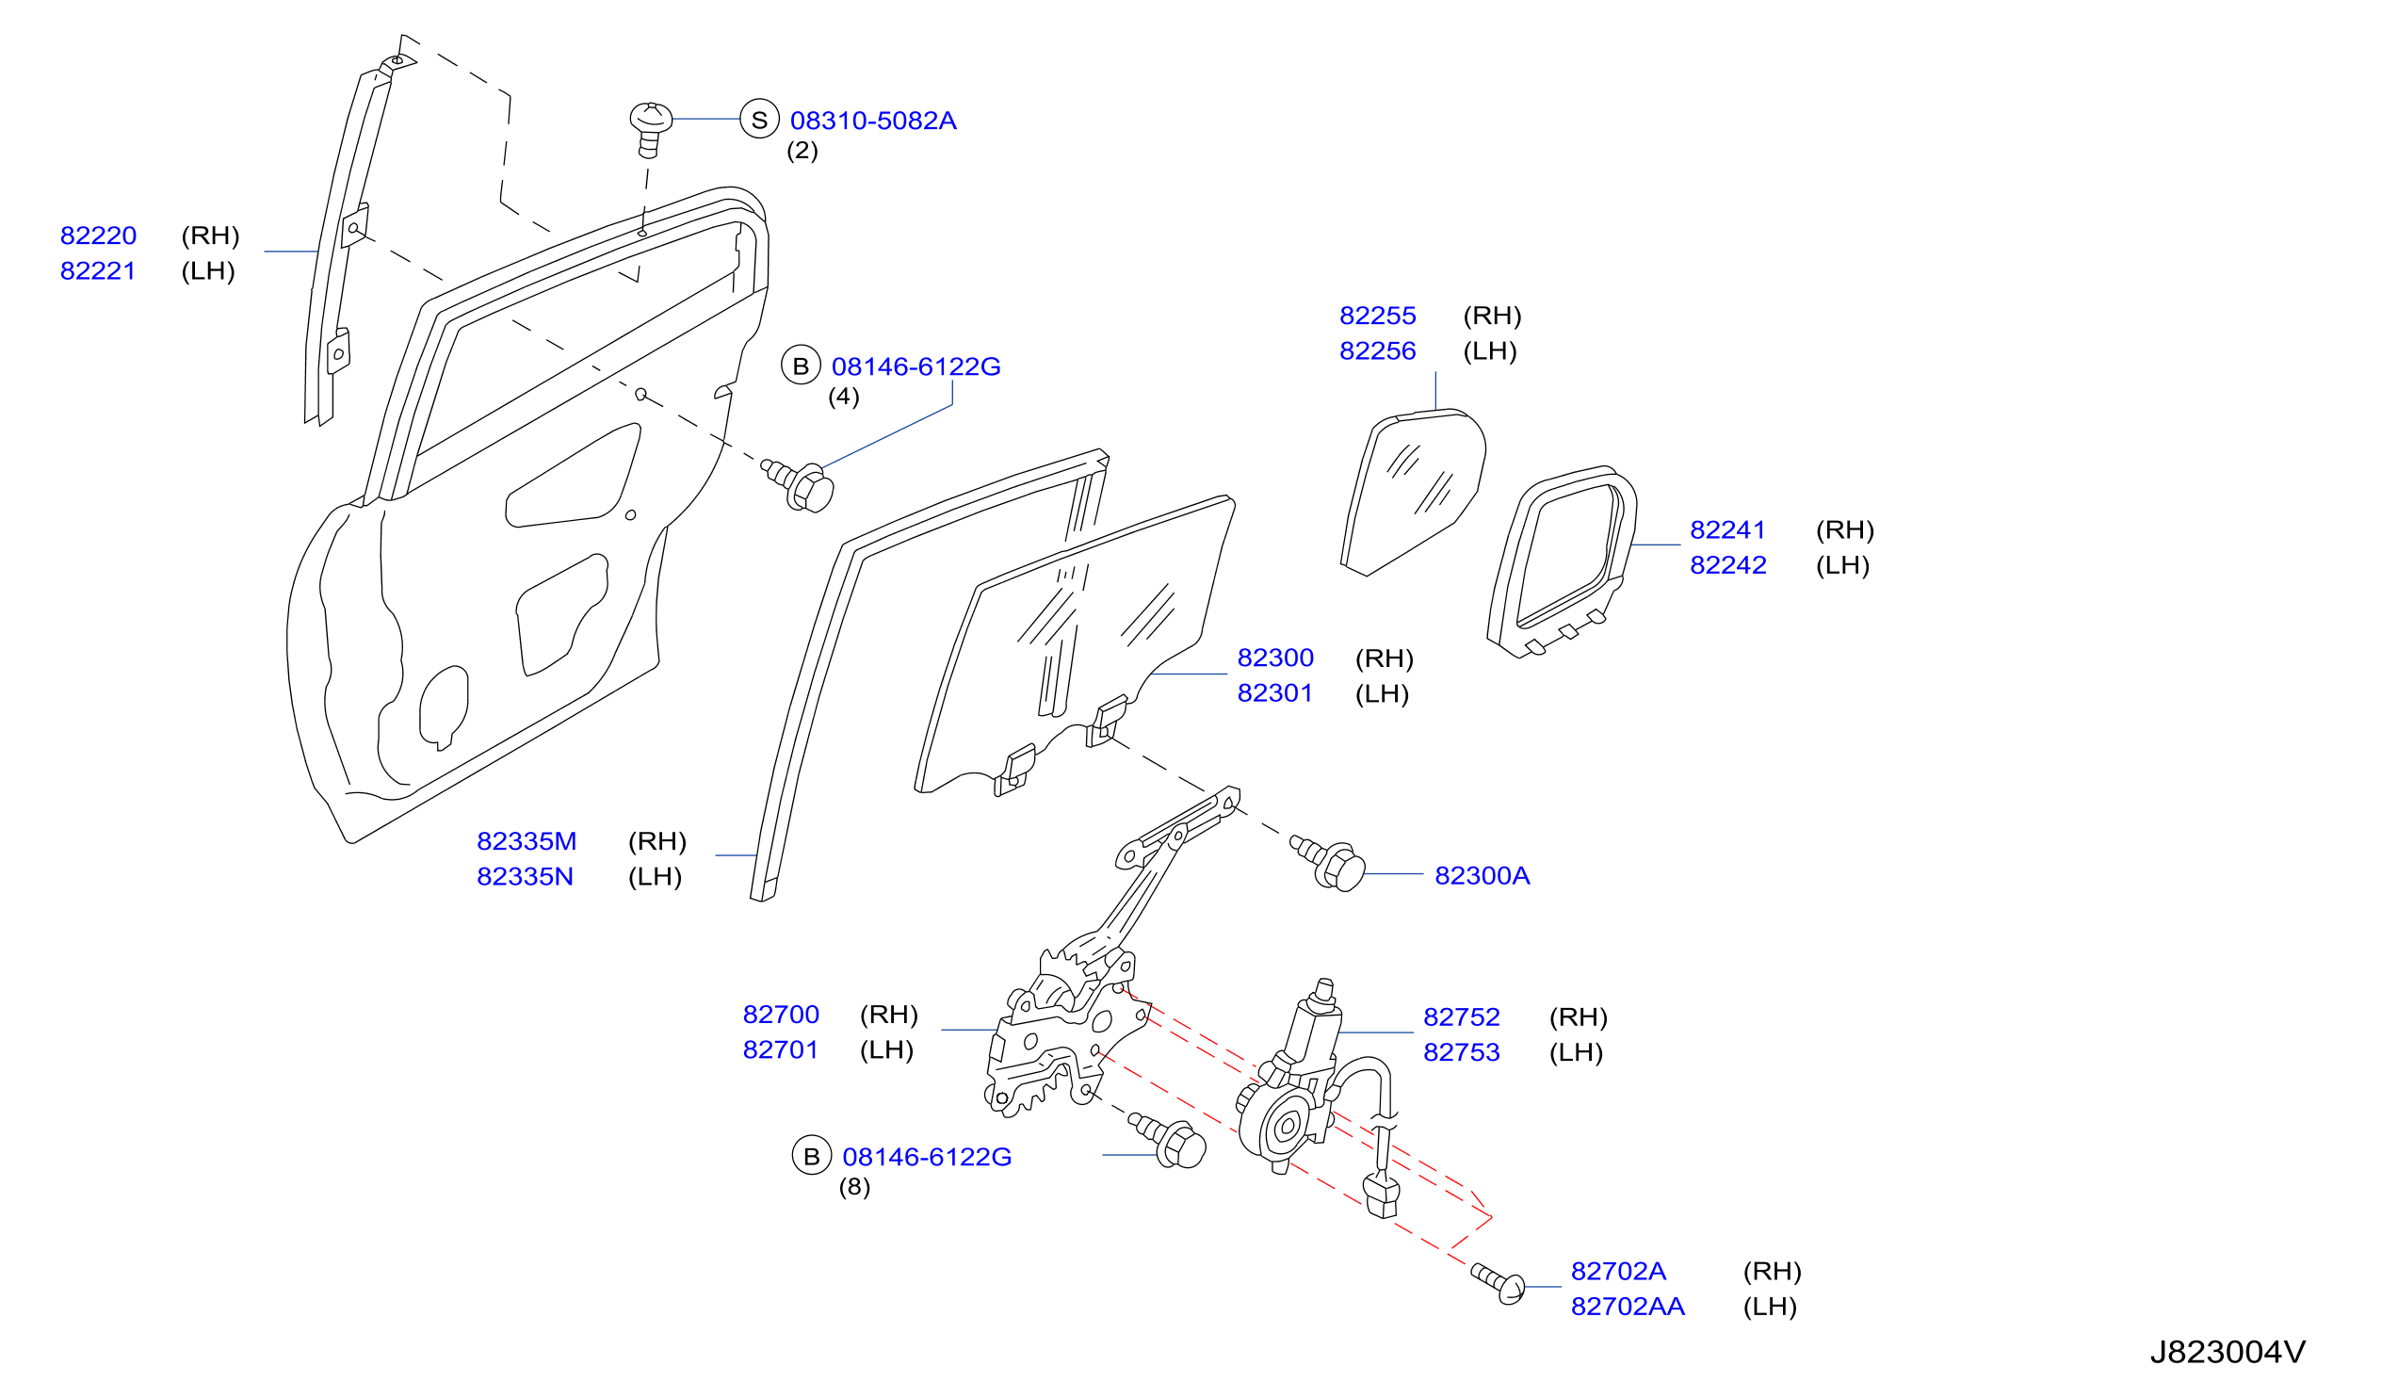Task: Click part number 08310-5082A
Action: pos(872,121)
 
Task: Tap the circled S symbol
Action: pos(759,120)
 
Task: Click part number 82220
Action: pos(98,236)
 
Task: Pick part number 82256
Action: pos(1377,351)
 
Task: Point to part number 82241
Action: pos(1727,530)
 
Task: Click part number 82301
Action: pos(1274,692)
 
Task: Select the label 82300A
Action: pos(1482,875)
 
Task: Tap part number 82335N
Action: pos(525,876)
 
